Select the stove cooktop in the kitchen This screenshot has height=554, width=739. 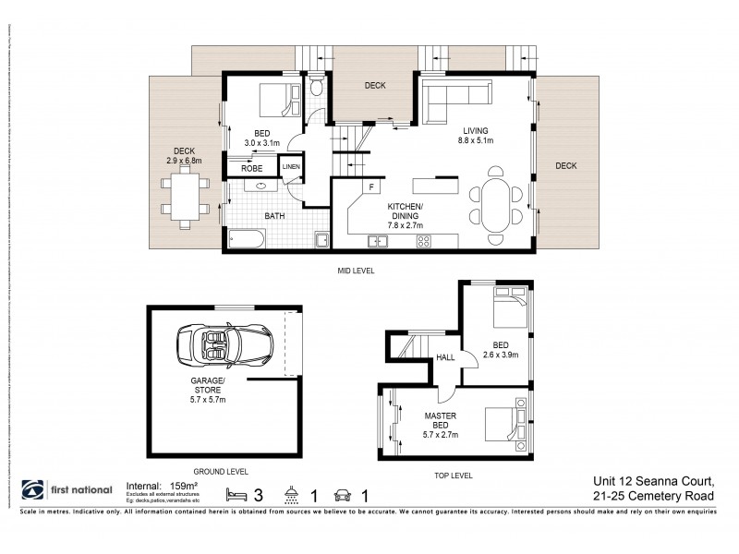pos(425,242)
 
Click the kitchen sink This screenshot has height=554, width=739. pos(379,242)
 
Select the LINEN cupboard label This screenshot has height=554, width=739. pos(291,167)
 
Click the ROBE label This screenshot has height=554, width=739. pos(251,169)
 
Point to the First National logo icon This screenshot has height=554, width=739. pos(32,490)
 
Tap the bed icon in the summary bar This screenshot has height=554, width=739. pos(236,493)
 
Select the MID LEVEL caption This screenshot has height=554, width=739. pos(355,271)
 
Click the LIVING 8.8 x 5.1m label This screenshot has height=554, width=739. pos(476,136)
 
